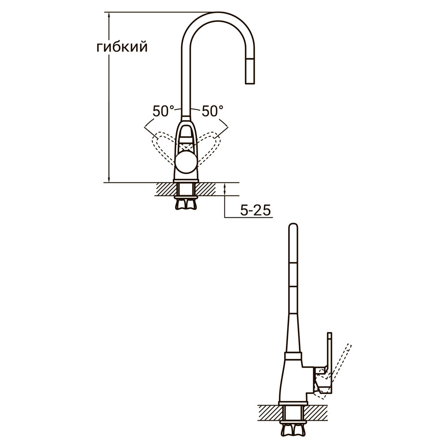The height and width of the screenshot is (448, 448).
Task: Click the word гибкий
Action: (121, 47)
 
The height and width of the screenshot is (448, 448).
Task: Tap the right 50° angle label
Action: (212, 111)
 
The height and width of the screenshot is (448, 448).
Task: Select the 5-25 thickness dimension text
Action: (255, 211)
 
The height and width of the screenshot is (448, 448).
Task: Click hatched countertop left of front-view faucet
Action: (164, 189)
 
